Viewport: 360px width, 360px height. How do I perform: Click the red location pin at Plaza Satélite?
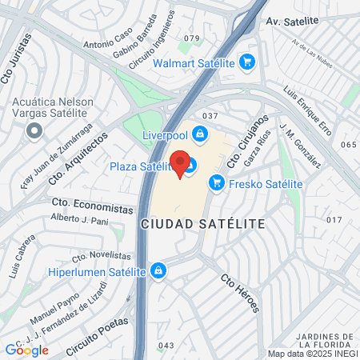181,163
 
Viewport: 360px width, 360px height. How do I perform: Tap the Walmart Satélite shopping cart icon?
247,62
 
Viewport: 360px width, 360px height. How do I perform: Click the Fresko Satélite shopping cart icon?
216,183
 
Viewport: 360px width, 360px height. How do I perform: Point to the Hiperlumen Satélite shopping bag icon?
159,271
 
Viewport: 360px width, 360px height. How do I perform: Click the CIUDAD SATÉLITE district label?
202,224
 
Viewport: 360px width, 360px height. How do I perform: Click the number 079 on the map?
191,38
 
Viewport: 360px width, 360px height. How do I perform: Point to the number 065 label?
347,145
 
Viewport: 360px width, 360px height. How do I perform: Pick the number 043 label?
166,346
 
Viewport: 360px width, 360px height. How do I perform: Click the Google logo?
26,350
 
